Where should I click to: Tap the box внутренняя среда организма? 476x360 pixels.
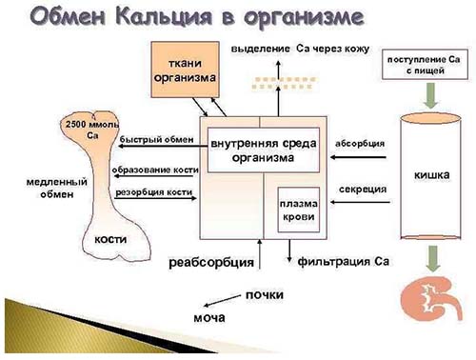[x=250, y=150]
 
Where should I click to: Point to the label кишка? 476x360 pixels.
[x=431, y=174]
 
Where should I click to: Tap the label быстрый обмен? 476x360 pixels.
[x=157, y=140]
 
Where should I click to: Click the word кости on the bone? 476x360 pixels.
[x=111, y=242]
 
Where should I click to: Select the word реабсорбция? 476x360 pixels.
[x=211, y=261]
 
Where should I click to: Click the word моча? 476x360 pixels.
[x=208, y=317]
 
